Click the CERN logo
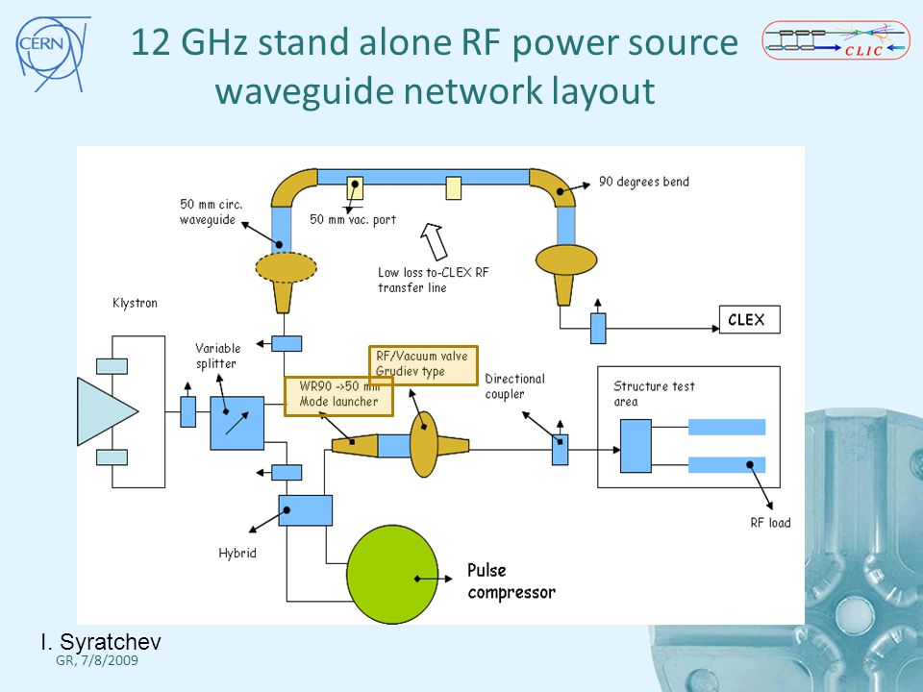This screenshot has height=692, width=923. point(52,53)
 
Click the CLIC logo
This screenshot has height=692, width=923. point(836,40)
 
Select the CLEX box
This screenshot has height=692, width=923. point(749,319)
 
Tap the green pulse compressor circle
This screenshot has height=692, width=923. point(392,575)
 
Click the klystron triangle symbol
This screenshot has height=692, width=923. point(107,411)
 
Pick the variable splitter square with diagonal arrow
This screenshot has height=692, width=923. point(237,423)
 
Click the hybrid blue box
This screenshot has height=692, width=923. point(305,510)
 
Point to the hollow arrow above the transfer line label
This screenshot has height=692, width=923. point(434,240)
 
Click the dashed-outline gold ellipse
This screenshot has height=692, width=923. point(287,268)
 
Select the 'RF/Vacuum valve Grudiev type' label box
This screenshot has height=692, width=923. point(423,365)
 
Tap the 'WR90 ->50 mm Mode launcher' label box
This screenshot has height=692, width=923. point(338,396)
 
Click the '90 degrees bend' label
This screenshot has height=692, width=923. point(644,182)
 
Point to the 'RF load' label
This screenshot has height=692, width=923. point(770,523)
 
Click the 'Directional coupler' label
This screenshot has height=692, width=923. point(515,386)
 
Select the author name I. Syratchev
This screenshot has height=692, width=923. point(101,641)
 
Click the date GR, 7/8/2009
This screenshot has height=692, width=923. point(97,660)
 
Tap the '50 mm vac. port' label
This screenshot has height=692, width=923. point(353,219)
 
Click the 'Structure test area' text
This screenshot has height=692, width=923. point(654,394)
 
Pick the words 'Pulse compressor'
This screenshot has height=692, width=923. point(511,581)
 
